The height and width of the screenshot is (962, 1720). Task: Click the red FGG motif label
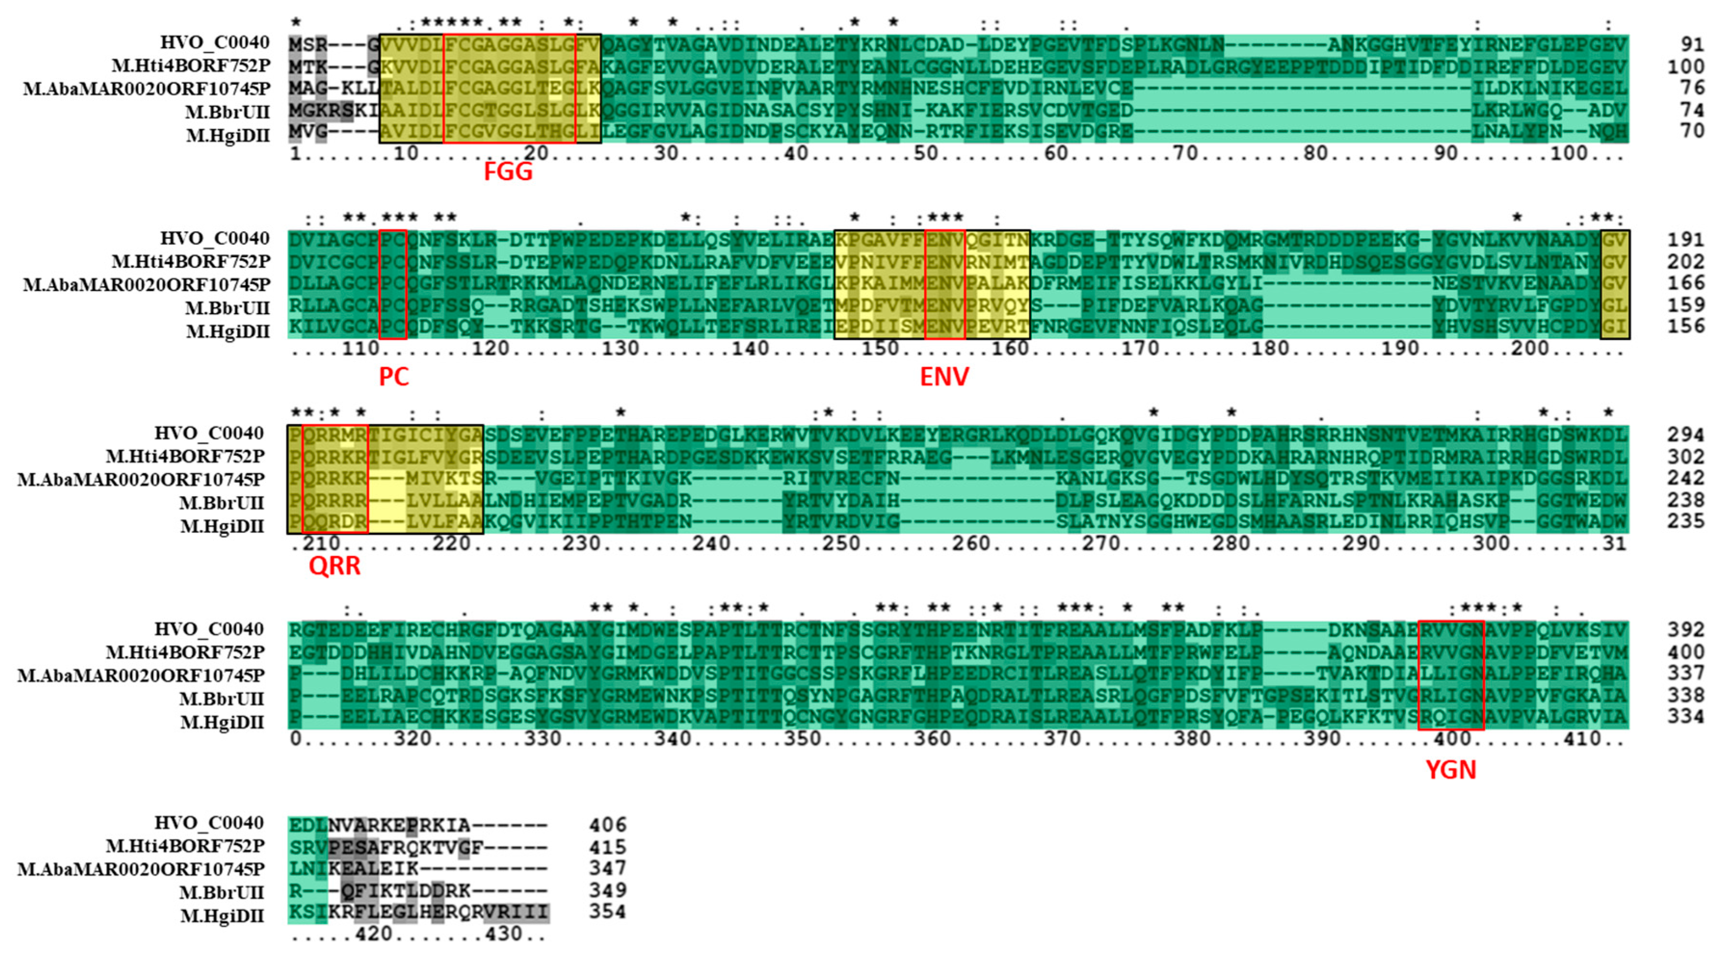click(x=508, y=172)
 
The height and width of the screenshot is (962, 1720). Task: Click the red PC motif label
click(x=394, y=377)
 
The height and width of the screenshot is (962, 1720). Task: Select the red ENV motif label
click(x=944, y=377)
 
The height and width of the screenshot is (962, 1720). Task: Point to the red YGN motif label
click(x=1450, y=770)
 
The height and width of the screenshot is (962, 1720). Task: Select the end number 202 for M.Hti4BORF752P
click(x=1685, y=262)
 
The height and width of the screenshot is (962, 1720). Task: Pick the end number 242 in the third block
click(x=1685, y=478)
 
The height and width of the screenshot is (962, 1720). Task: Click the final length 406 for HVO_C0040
click(x=607, y=825)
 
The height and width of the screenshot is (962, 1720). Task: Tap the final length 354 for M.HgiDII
click(x=607, y=912)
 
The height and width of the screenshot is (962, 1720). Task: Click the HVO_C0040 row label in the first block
click(x=214, y=43)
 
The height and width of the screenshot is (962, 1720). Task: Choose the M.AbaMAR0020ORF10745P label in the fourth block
click(x=141, y=675)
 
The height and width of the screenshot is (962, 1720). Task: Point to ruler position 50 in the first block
click(x=925, y=154)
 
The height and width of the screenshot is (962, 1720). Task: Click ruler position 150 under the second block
click(x=880, y=348)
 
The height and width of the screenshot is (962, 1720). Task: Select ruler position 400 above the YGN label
click(x=1452, y=739)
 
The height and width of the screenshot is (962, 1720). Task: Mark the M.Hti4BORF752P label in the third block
click(x=185, y=457)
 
